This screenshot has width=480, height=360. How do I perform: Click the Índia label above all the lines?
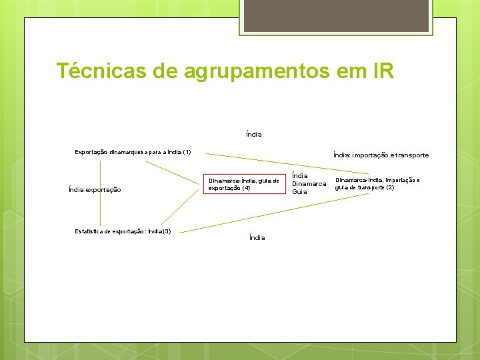[x=253, y=134]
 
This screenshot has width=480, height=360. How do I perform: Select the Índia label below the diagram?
[x=257, y=237]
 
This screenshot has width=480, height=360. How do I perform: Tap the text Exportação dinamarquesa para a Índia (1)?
[x=133, y=152]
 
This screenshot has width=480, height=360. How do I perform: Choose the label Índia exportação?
[x=95, y=190]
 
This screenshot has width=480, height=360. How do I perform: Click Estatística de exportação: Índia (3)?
[x=123, y=231]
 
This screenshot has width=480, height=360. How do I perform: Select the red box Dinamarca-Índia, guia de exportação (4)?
[x=243, y=184]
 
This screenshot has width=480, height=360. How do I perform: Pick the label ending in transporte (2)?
[x=377, y=183]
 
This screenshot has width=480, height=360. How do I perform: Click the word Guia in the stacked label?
[x=299, y=191]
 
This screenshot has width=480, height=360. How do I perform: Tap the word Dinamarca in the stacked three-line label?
[x=309, y=183]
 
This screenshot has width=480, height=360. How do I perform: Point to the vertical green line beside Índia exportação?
[x=101, y=193]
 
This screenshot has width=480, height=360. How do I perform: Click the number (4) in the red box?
[x=246, y=188]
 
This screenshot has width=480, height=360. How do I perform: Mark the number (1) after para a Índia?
[x=187, y=152]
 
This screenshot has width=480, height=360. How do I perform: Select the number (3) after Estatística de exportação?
[x=167, y=231]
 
